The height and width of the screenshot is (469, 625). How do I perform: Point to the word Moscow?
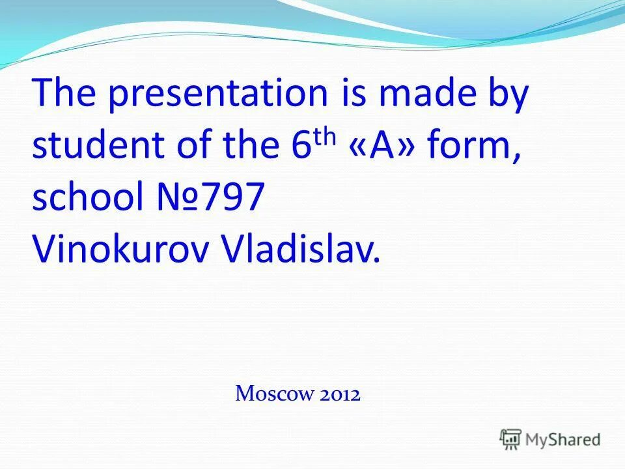(x=273, y=393)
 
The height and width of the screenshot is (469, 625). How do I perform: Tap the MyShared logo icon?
(x=510, y=439)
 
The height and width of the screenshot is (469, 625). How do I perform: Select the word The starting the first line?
(x=64, y=94)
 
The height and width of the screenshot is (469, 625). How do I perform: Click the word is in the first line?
(x=352, y=94)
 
